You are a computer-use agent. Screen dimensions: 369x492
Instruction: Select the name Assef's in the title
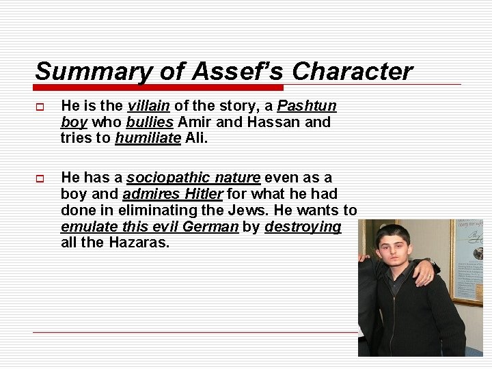pos(216,71)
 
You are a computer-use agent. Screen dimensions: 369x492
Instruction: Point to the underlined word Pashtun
pos(307,106)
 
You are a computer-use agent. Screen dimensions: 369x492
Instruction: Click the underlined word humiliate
pos(148,138)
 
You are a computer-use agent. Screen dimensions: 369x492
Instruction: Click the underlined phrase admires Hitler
pos(172,195)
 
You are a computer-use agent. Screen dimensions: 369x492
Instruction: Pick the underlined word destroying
pos(303,227)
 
